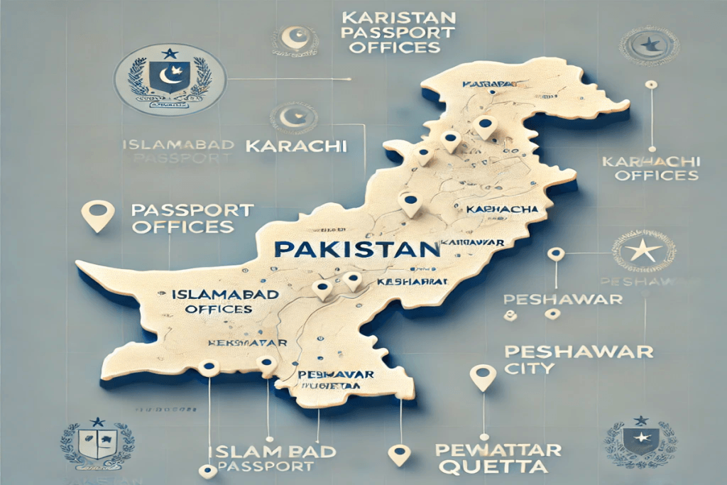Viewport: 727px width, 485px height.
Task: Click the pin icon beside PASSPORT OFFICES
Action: pos(99,215)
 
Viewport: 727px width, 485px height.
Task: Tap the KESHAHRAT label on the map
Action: pos(414,282)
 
